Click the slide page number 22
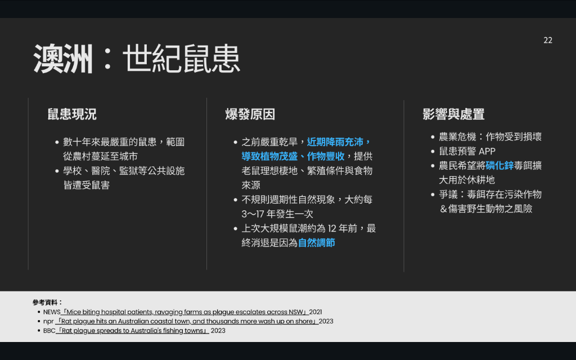(x=548, y=40)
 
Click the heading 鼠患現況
(x=72, y=114)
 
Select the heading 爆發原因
(x=250, y=114)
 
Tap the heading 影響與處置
(x=453, y=114)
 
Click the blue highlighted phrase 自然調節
(x=316, y=243)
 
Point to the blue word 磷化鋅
(x=499, y=166)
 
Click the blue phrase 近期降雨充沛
(x=335, y=142)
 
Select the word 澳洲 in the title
(x=63, y=58)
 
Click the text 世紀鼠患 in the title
(x=182, y=58)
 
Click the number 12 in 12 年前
(x=332, y=228)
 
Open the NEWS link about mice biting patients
(x=184, y=312)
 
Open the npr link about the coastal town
(x=187, y=321)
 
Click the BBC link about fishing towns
(x=132, y=331)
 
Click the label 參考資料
(x=48, y=302)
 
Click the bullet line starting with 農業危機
(x=490, y=137)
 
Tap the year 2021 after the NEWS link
(x=316, y=312)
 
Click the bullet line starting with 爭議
(x=490, y=202)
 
